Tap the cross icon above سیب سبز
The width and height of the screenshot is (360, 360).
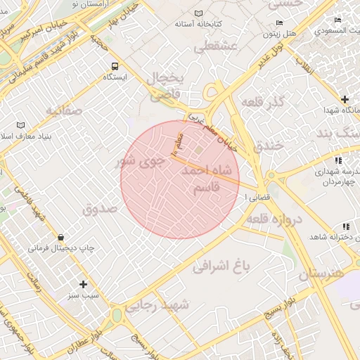(x=84, y=284)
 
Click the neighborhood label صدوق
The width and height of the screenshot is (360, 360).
(x=98, y=209)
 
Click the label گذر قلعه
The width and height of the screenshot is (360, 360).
(x=262, y=103)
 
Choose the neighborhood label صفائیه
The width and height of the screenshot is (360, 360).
(x=64, y=110)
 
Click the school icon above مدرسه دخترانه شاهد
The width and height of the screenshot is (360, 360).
(x=345, y=226)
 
